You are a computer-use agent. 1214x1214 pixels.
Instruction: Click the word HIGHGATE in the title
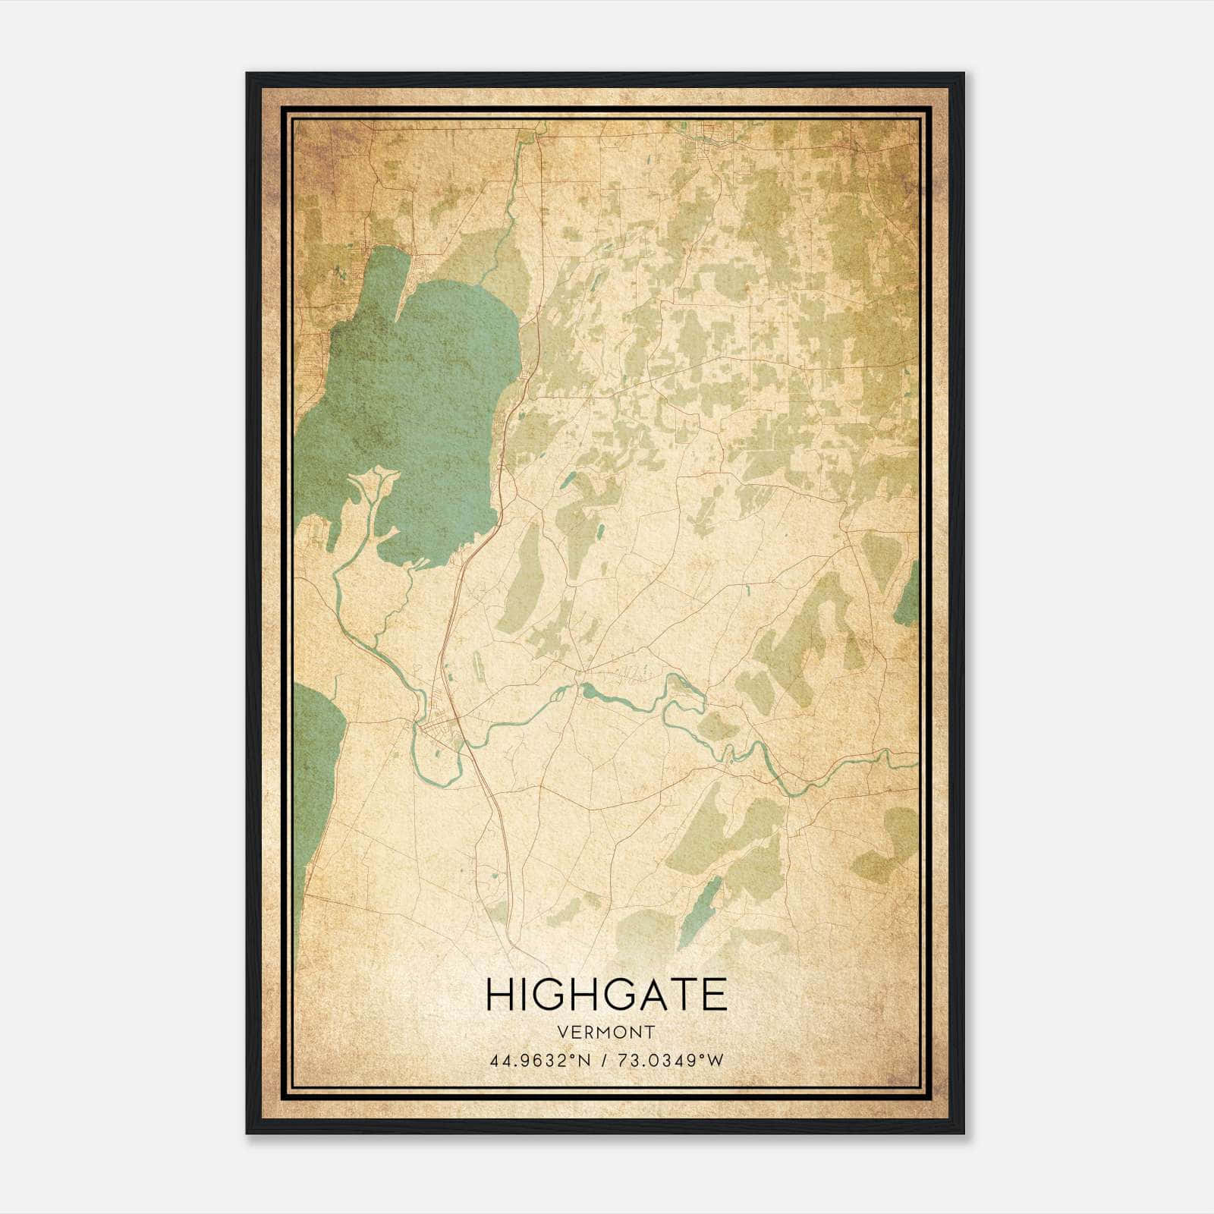pos(606,995)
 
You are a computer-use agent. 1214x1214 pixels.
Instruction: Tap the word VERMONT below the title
pos(606,1032)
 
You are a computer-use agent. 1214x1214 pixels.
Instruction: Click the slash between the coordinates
pos(602,1060)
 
